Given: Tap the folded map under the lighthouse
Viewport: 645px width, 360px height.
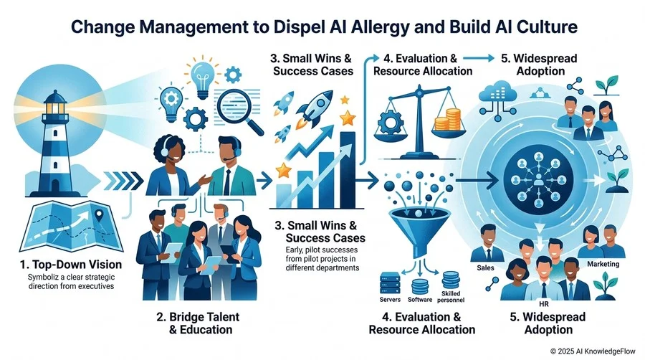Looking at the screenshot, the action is [72, 225].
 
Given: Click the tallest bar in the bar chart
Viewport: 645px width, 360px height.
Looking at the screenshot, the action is [348, 169].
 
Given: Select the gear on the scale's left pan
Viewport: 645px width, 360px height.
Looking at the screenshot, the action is [390, 122].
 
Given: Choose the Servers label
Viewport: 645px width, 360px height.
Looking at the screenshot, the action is [390, 300].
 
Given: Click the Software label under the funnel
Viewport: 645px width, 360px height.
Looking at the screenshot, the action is [420, 300].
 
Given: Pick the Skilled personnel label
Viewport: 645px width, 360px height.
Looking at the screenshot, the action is [451, 297].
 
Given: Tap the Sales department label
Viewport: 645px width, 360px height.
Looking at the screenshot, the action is [485, 267].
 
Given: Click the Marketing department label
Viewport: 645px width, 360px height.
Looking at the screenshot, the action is [603, 264].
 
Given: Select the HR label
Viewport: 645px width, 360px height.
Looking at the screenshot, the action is [543, 305].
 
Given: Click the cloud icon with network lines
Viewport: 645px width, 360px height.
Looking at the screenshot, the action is [498, 100].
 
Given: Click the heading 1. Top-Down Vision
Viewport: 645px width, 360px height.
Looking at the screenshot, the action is [71, 265].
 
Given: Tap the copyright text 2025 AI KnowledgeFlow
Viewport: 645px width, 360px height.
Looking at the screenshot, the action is [593, 351].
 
